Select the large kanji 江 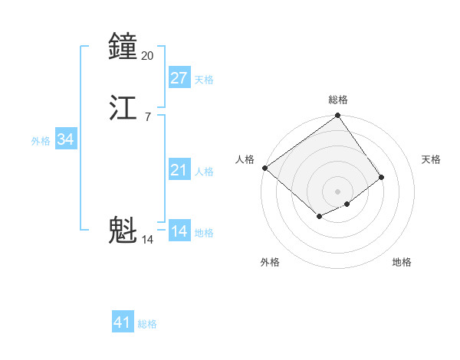click(123, 109)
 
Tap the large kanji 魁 click(123, 231)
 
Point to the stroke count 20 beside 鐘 click(148, 55)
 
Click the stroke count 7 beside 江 click(147, 116)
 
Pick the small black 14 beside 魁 click(148, 240)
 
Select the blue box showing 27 click(179, 78)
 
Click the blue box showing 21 click(179, 170)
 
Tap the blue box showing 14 click(179, 231)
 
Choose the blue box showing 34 click(66, 139)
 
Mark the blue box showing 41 click(123, 322)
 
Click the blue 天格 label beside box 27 click(204, 79)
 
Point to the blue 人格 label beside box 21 click(204, 171)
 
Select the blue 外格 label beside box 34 click(41, 140)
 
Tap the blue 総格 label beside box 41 click(147, 323)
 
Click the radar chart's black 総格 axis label click(338, 100)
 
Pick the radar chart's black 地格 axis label click(402, 262)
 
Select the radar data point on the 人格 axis click(264, 168)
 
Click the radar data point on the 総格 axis click(338, 117)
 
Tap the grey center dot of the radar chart click(338, 191)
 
